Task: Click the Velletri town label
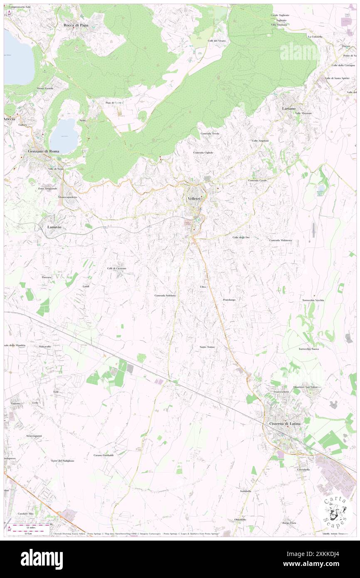(x=194, y=199)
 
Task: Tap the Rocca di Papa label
(x=75, y=25)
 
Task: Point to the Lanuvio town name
(x=53, y=227)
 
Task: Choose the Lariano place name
(x=288, y=108)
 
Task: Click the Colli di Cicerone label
(x=116, y=268)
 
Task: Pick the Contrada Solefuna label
(x=165, y=295)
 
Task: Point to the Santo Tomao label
(x=207, y=347)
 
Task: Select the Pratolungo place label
(x=229, y=299)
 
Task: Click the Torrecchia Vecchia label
(x=313, y=300)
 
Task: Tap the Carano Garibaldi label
(x=104, y=455)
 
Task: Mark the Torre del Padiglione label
(x=63, y=461)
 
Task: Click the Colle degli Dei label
(x=241, y=237)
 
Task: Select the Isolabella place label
(x=245, y=491)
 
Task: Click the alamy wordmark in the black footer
(x=42, y=559)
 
